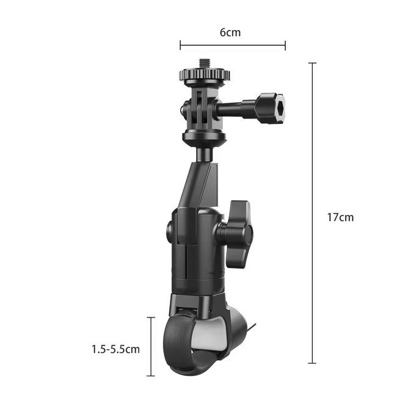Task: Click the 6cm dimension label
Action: [230, 32]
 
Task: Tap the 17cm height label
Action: [340, 217]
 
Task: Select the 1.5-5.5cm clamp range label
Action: [115, 349]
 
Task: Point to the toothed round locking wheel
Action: [205, 74]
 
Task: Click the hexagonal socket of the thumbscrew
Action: [280, 109]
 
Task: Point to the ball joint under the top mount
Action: [205, 153]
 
